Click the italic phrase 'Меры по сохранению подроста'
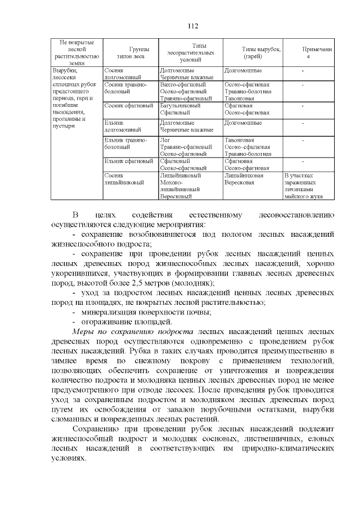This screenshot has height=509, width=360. click(134, 332)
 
